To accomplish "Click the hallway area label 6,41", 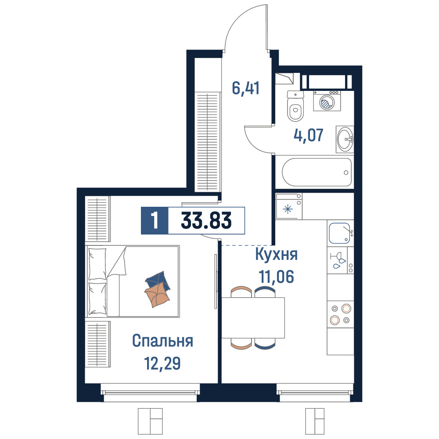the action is [x=245, y=88].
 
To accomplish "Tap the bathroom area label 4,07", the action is [x=309, y=135].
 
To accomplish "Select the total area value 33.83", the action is [x=206, y=220].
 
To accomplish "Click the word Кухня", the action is [x=276, y=255].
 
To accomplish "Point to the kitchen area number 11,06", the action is [x=276, y=277].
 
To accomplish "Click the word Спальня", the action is [x=162, y=341].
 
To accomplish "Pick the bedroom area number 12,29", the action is [x=162, y=363].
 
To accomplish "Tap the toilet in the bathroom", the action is [x=295, y=106].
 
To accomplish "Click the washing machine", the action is [x=327, y=101].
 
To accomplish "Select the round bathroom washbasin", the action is [x=345, y=139].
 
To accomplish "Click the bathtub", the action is [x=317, y=172].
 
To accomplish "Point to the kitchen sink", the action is [x=340, y=233].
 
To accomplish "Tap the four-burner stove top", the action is [x=341, y=314].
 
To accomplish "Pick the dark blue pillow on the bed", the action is [x=158, y=281].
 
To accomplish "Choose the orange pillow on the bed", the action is [x=157, y=295].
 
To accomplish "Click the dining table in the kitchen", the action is [x=253, y=318].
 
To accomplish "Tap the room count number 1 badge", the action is [x=155, y=220].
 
